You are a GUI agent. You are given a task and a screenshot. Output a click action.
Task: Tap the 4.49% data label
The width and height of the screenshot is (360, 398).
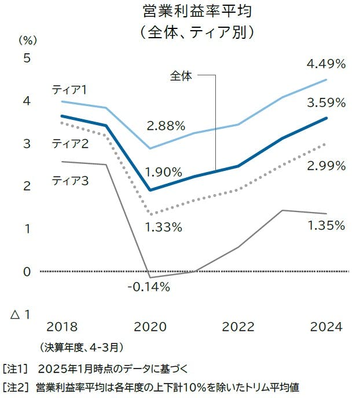pyautogui.click(x=326, y=64)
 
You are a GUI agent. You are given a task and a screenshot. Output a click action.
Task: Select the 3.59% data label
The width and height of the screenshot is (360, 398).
pyautogui.click(x=326, y=103)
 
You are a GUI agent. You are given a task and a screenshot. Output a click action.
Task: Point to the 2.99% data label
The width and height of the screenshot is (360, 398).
pyautogui.click(x=326, y=166)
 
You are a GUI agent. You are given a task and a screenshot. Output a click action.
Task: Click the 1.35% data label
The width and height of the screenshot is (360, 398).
pyautogui.click(x=326, y=225)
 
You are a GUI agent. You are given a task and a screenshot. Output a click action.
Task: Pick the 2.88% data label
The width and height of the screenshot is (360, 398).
pyautogui.click(x=166, y=125)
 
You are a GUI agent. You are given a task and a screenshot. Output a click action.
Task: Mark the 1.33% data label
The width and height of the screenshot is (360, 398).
pyautogui.click(x=163, y=227)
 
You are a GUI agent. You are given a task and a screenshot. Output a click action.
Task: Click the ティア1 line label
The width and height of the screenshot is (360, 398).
pyautogui.click(x=69, y=90)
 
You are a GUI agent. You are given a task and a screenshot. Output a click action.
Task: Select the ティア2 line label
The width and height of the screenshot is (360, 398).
pyautogui.click(x=70, y=143)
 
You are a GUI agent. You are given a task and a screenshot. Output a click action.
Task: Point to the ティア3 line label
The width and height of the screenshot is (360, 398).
pyautogui.click(x=70, y=181)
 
